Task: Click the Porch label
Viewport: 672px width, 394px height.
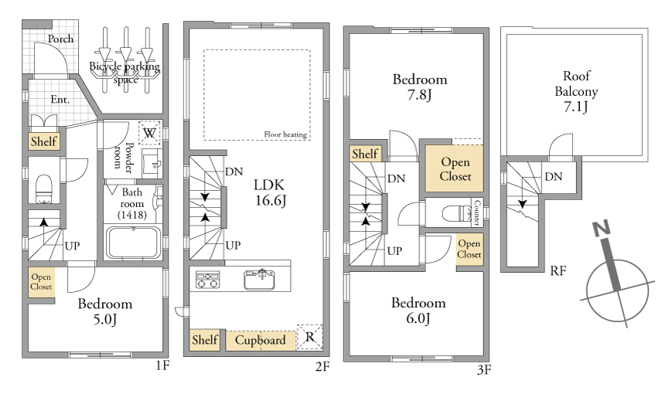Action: click(x=60, y=39)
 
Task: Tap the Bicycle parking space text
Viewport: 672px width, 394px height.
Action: click(x=125, y=73)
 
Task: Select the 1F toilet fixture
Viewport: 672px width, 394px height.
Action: click(x=44, y=189)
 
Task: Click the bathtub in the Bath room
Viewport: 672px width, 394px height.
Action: click(x=133, y=243)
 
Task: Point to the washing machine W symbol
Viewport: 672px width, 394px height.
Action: click(x=149, y=133)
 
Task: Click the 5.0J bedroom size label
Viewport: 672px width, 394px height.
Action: click(x=105, y=319)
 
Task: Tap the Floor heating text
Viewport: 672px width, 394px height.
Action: click(x=285, y=134)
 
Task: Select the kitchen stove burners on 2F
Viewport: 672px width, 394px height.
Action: click(x=208, y=280)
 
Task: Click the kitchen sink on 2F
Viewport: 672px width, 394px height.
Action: click(x=260, y=280)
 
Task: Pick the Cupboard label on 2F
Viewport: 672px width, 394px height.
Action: click(x=260, y=340)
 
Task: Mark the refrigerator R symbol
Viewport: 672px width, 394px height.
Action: click(x=309, y=337)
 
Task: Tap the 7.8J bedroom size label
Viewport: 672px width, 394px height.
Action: click(x=420, y=94)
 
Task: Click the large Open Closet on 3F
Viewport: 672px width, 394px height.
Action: click(x=455, y=168)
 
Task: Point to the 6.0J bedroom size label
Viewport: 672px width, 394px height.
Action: click(x=418, y=318)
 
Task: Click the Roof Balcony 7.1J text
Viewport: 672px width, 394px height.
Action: click(x=576, y=91)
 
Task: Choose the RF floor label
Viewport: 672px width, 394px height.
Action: click(x=558, y=270)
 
